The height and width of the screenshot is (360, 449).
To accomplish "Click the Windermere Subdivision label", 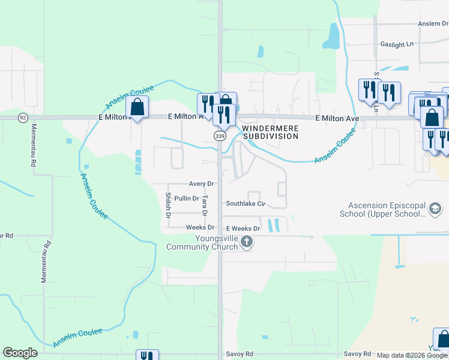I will pos(270,132).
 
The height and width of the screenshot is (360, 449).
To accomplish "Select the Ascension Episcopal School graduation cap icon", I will pos(435,209).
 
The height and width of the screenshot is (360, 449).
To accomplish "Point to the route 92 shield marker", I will pos(23,118).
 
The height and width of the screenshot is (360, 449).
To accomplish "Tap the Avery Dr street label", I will pos(201,184).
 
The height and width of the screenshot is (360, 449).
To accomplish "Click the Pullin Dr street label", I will pos(186,199).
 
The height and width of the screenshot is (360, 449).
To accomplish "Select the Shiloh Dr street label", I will pos(169,205).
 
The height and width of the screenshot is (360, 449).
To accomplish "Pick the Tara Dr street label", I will pos(205,205).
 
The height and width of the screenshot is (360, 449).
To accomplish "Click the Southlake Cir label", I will pos(245,203).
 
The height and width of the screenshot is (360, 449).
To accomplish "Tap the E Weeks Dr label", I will pos(243,229).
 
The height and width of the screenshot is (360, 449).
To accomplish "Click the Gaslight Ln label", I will pos(397,44).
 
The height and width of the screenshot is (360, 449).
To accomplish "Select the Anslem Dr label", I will pos(433,23).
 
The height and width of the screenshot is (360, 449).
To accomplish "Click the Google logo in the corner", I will pos(20,353).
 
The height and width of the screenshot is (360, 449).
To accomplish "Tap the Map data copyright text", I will pos(412,356).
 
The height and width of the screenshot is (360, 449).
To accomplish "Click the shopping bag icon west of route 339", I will pos(137,107).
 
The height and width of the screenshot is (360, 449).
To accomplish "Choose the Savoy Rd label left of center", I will pos(240,354).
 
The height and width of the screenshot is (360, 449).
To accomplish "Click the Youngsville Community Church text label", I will pos(202,242).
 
